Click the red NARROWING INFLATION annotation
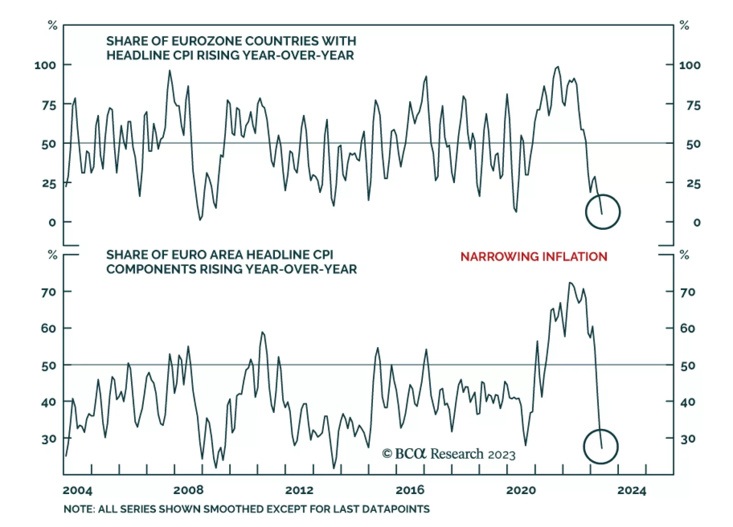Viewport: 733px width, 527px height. click(x=534, y=256)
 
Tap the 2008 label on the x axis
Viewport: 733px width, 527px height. click(x=188, y=490)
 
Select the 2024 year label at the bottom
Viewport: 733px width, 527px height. click(x=631, y=490)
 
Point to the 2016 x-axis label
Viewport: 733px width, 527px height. click(x=410, y=490)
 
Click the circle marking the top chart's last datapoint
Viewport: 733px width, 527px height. click(x=602, y=212)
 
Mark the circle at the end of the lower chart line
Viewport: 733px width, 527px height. click(x=601, y=446)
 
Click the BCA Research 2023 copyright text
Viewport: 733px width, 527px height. click(x=449, y=454)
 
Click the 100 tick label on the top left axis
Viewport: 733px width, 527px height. click(x=45, y=65)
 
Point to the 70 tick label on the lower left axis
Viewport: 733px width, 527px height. click(x=48, y=292)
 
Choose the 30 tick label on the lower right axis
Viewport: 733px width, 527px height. click(x=688, y=439)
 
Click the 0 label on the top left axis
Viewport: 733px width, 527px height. click(x=52, y=223)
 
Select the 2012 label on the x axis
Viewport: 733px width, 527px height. click(x=299, y=490)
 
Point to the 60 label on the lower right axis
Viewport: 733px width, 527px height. click(x=688, y=328)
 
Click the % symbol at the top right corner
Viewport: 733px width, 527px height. click(x=684, y=25)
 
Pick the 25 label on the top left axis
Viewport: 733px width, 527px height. click(x=49, y=184)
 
